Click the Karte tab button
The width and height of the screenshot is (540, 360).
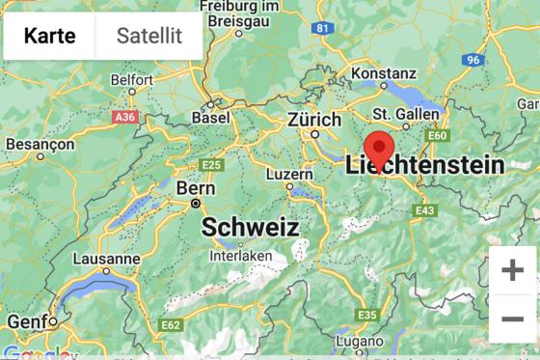pyautogui.click(x=50, y=37)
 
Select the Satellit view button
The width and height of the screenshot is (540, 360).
pyautogui.click(x=149, y=37)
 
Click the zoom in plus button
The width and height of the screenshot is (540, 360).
pyautogui.click(x=512, y=270)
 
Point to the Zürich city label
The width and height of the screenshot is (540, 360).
pyautogui.click(x=314, y=121)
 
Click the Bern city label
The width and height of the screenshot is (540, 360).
pyautogui.click(x=189, y=189)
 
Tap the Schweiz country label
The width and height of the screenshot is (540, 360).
pyautogui.click(x=250, y=228)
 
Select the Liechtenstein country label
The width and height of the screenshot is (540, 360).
pyautogui.click(x=424, y=165)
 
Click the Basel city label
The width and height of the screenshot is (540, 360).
pyautogui.click(x=211, y=118)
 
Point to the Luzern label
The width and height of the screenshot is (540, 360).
pyautogui.click(x=289, y=174)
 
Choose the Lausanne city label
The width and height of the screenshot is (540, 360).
pyautogui.click(x=106, y=259)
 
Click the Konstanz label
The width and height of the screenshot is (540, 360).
pyautogui.click(x=384, y=73)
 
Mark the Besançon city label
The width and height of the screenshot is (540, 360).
pyautogui.click(x=40, y=144)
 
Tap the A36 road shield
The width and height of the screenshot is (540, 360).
pyautogui.click(x=124, y=117)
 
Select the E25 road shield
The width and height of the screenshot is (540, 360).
pyautogui.click(x=211, y=165)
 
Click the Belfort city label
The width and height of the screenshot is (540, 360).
pyautogui.click(x=132, y=79)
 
